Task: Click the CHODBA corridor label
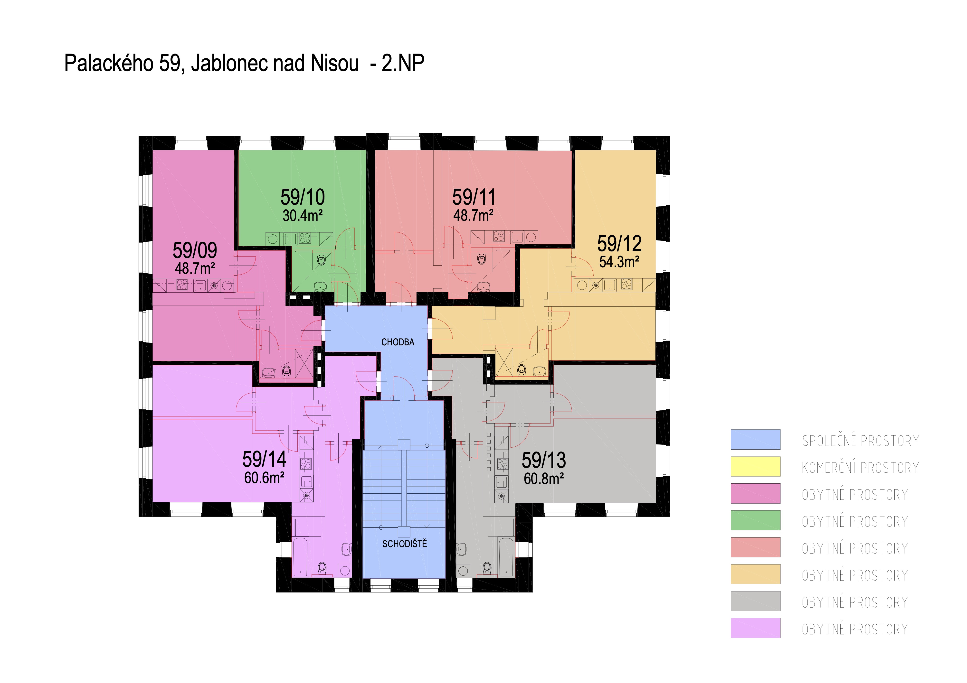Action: (398, 342)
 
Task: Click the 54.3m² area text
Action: (619, 261)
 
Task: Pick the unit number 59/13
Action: (544, 460)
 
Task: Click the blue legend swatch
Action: (755, 439)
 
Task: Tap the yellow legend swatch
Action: (755, 466)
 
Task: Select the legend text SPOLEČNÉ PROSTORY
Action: (860, 441)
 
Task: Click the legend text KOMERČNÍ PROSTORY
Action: (860, 468)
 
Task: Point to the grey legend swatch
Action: (755, 601)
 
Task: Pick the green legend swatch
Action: (755, 520)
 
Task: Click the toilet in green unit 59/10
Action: (321, 259)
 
